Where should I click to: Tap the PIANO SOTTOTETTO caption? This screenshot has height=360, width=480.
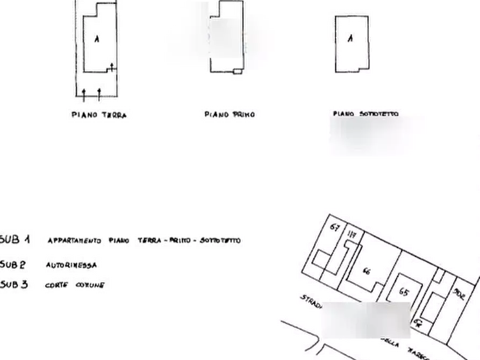(x=366, y=114)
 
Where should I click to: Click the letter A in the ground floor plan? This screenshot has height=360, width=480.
(x=96, y=39)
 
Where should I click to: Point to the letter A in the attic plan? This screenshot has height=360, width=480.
(x=349, y=39)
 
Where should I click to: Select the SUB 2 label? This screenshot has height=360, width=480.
(x=13, y=264)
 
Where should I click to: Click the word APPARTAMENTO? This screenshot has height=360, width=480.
(x=74, y=241)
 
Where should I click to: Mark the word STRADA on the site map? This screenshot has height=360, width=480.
(x=310, y=301)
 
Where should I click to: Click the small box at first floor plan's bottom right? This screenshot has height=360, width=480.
(x=237, y=70)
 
